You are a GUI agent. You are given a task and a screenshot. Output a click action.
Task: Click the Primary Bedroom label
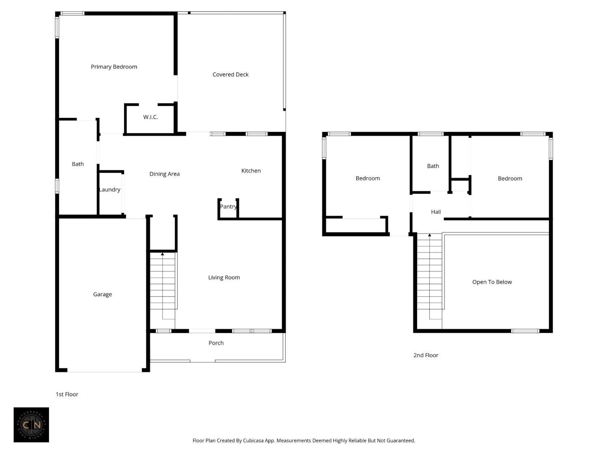pyautogui.click(x=114, y=67)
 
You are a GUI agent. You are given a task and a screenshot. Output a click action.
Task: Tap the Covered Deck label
pyautogui.click(x=230, y=75)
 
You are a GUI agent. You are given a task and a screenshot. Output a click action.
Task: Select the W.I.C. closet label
pyautogui.click(x=150, y=117)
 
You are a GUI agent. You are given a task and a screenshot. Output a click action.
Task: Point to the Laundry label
pyautogui.click(x=110, y=190)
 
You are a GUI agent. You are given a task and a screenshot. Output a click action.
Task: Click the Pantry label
pyautogui.click(x=229, y=207)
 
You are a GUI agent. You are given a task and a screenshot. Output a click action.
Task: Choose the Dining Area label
pyautogui.click(x=165, y=174)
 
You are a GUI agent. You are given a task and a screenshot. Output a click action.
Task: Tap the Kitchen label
pyautogui.click(x=251, y=171)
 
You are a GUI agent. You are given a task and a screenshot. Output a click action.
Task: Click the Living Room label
pyautogui.click(x=224, y=277)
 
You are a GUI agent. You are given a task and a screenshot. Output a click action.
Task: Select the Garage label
pyautogui.click(x=103, y=294)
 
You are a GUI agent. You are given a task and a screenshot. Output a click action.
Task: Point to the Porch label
pyautogui.click(x=216, y=343)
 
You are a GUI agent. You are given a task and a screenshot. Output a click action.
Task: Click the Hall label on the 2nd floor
pyautogui.click(x=436, y=212)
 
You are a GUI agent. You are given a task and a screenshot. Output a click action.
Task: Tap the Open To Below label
pyautogui.click(x=492, y=282)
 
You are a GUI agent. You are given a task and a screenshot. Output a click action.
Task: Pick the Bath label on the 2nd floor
pyautogui.click(x=433, y=166)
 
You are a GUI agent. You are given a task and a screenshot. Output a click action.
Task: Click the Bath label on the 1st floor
pyautogui.click(x=77, y=164)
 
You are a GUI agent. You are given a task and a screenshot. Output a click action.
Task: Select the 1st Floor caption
pyautogui.click(x=67, y=394)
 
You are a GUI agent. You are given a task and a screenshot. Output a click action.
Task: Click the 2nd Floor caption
pyautogui.click(x=426, y=355)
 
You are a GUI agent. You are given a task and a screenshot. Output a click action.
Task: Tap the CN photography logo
pyautogui.click(x=31, y=425)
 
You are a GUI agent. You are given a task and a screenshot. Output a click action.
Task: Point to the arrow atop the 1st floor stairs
pyautogui.click(x=163, y=254)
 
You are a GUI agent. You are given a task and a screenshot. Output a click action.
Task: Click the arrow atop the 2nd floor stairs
pyautogui.click(x=430, y=235)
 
